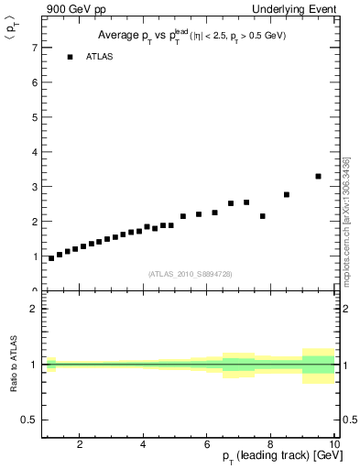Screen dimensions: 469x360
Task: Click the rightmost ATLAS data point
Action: point(318,176)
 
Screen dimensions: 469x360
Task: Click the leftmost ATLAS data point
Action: point(51,258)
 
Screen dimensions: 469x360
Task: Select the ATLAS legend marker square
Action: point(70,57)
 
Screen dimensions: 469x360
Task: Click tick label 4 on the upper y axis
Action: point(33,151)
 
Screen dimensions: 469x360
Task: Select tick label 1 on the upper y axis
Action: point(33,256)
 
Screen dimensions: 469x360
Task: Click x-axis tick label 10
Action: point(334,445)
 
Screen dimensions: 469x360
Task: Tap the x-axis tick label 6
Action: point(207,445)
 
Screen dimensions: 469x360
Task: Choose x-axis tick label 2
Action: point(80,445)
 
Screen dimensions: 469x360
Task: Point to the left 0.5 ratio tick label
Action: point(28,420)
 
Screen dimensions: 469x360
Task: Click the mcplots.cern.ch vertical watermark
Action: point(346,221)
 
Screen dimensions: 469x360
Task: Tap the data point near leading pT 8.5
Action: point(287,194)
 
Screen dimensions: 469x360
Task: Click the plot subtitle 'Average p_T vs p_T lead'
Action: point(189,36)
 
